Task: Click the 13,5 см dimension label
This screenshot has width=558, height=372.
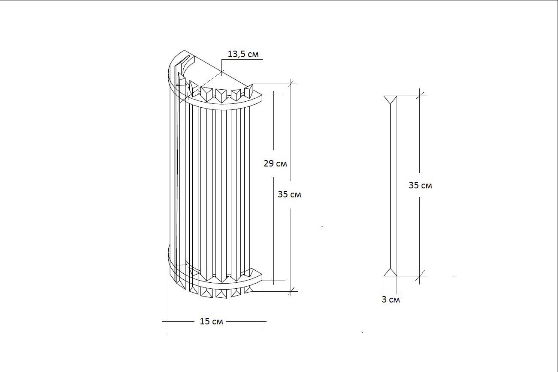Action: coord(243,54)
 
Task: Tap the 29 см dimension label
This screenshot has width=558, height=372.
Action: coord(275,163)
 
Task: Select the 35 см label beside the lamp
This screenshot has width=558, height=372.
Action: coord(289,194)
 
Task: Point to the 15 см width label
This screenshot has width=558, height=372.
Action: coord(211,321)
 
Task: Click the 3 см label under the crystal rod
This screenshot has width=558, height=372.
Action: coord(391,299)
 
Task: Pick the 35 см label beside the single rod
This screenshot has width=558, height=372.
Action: coord(420,185)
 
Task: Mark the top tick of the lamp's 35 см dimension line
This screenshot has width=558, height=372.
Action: coord(291,84)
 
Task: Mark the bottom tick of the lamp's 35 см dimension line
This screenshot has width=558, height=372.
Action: coord(291,291)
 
